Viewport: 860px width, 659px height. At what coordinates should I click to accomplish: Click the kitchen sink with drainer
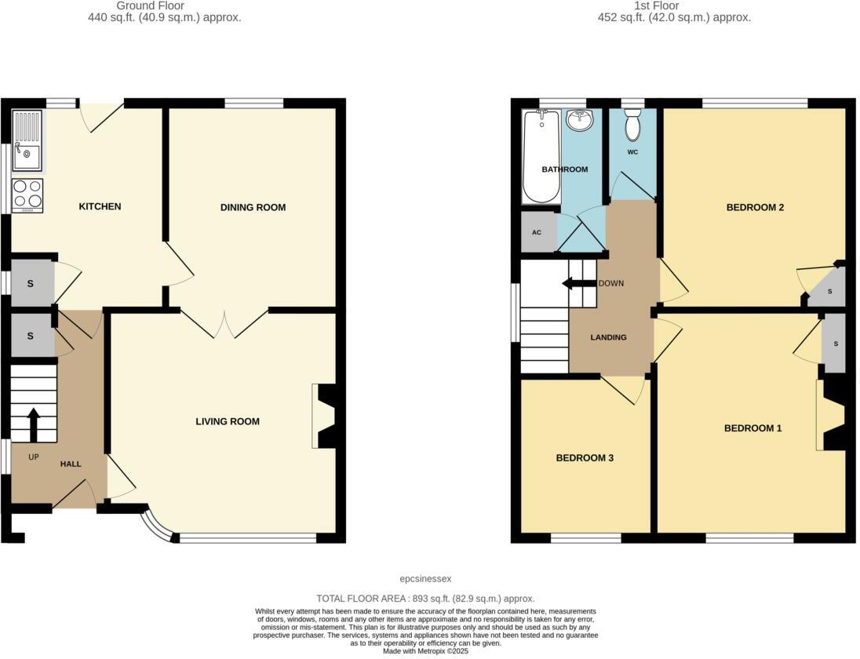[27, 140]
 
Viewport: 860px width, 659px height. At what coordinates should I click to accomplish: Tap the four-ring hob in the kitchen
[27, 195]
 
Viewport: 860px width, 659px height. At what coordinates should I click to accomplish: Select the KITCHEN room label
[100, 207]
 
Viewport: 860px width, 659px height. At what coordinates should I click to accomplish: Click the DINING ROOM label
[253, 208]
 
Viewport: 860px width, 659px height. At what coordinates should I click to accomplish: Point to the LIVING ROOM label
[228, 422]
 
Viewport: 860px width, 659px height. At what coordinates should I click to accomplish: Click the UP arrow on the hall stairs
[34, 424]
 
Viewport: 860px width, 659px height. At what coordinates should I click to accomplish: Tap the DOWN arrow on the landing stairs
[578, 283]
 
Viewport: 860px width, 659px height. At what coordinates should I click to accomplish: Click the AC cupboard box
[537, 233]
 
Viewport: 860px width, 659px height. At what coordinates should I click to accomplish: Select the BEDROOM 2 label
[755, 208]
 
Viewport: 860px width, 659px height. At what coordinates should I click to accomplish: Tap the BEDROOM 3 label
[585, 458]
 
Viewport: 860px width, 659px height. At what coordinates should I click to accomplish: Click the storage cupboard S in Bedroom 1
[835, 344]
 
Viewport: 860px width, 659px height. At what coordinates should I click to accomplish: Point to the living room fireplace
[324, 416]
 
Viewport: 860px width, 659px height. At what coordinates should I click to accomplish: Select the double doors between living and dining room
[224, 324]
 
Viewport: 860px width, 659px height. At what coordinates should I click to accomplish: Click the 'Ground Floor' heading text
[164, 5]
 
